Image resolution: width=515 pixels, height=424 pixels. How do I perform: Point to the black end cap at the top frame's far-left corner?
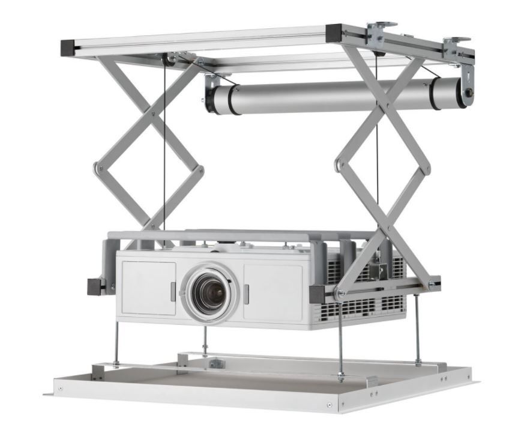[x=67, y=46]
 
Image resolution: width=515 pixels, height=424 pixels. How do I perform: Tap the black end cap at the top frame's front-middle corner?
[x=334, y=31]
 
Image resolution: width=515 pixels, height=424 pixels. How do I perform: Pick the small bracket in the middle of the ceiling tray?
[x=215, y=363]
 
